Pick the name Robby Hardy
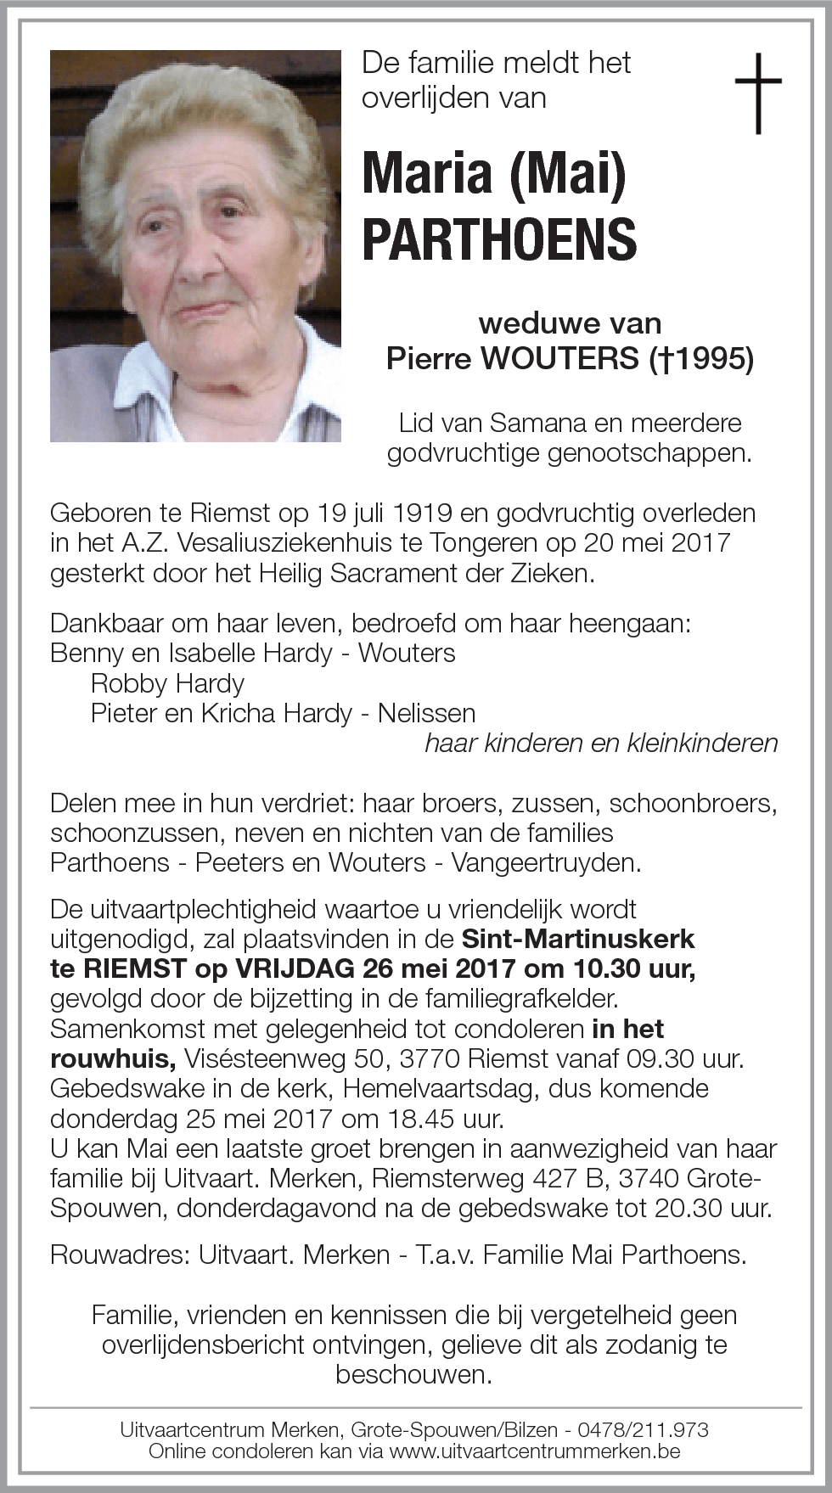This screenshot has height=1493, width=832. [x=167, y=683]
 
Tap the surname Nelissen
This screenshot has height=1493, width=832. [x=426, y=713]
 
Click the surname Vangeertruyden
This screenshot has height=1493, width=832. [x=545, y=862]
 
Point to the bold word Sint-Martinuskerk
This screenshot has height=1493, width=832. [x=578, y=939]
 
